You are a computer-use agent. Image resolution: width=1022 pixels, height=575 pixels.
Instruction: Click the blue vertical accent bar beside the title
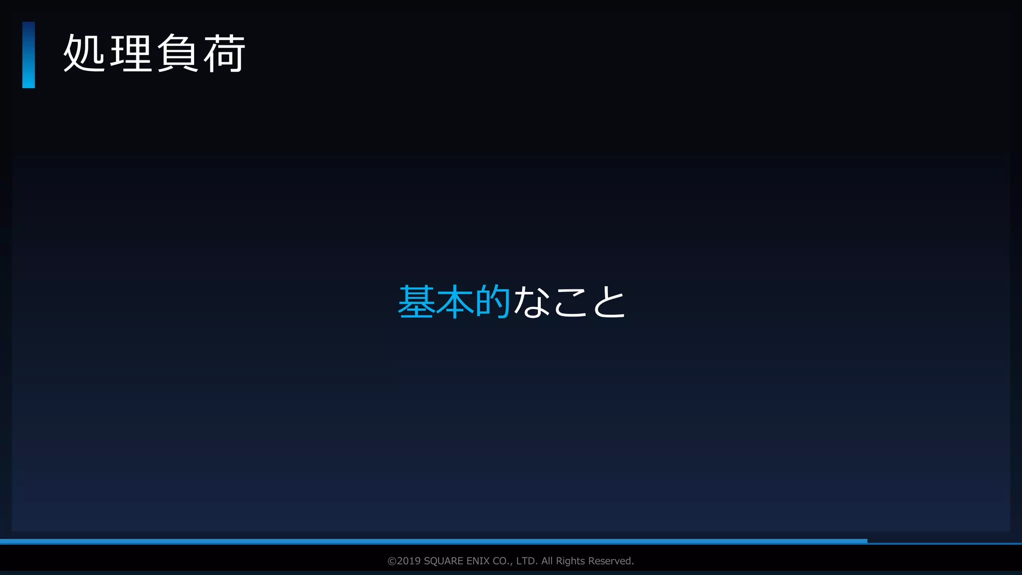point(28,55)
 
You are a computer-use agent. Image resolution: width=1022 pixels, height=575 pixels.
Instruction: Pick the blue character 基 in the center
point(417,301)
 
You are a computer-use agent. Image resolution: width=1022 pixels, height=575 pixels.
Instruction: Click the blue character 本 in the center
point(455,301)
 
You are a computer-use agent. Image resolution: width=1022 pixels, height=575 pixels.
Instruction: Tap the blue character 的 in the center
point(493,301)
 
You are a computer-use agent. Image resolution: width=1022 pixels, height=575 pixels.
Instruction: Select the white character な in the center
point(531,301)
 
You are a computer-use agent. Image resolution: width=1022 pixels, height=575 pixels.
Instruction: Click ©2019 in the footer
point(404,561)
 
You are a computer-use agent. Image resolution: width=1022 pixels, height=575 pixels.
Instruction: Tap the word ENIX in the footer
point(478,561)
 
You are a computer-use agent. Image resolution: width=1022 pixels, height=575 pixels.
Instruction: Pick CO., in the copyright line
point(503,561)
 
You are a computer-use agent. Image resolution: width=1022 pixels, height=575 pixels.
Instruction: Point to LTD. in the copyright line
point(527,561)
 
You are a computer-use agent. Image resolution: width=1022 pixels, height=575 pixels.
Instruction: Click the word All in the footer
point(547,561)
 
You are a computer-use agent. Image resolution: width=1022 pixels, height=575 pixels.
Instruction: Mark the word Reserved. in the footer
point(611,561)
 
